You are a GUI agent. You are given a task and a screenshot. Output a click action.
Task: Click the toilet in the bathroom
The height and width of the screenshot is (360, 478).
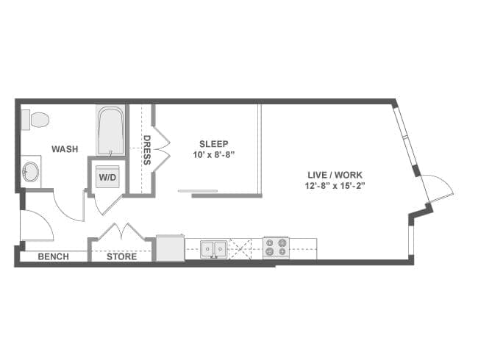pos(35,120)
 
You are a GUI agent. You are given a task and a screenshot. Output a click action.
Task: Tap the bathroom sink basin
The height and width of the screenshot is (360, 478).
pos(31,172)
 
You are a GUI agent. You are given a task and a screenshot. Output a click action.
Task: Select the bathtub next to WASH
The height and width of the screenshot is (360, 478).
pos(110,131)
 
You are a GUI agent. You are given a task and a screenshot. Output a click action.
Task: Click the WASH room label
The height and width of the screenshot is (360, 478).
pos(65,149)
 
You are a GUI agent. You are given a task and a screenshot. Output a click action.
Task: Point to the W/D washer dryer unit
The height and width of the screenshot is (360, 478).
pos(107,177)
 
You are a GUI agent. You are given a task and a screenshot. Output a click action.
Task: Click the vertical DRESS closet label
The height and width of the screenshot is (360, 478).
pos(147,150)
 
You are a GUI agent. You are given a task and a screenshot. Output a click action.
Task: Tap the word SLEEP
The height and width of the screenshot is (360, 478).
pos(214,144)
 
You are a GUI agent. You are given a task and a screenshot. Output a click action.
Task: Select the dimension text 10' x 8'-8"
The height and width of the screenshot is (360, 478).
pos(213,155)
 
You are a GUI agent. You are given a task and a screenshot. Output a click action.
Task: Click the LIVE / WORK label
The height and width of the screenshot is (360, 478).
pos(335,175)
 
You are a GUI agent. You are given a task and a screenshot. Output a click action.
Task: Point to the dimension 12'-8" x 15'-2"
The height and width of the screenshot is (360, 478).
pos(335,185)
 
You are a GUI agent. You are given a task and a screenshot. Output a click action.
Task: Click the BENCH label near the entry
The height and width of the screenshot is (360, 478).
pos(54,256)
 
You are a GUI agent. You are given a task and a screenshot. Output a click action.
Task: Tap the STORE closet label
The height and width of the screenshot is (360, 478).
pos(121,256)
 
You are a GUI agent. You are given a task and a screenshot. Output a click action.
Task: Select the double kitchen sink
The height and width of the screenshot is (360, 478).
pos(213,250)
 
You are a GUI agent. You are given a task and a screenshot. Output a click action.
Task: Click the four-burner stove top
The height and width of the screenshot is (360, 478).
pos(276,247)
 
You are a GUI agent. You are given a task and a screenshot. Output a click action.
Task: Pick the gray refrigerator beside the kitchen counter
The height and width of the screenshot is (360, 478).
pos(170,248)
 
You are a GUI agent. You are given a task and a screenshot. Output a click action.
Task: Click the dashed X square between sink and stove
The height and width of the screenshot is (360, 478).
pos(240,249)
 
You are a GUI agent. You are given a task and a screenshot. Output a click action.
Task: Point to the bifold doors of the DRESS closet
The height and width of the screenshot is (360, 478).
pos(162,148)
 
